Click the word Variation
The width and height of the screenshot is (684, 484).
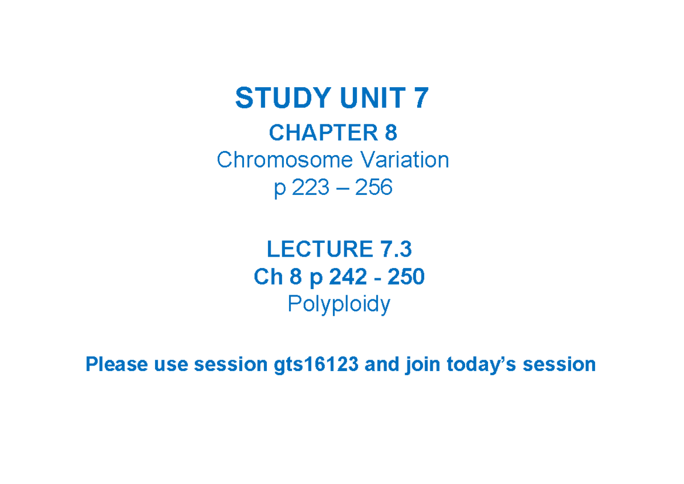tap(403, 160)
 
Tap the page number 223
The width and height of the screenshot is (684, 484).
tap(311, 187)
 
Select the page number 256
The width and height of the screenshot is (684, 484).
tap(374, 187)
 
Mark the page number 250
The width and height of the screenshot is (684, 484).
tap(406, 277)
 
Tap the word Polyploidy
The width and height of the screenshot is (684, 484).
tap(339, 304)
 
